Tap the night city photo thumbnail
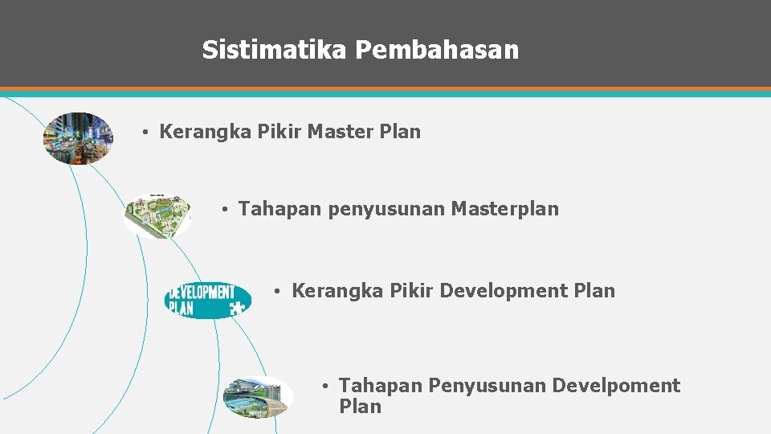78,138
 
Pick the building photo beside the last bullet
257,397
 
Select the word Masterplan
504,210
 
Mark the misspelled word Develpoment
616,386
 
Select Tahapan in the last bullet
381,386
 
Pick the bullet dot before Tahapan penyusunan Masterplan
226,211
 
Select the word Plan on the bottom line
360,407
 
